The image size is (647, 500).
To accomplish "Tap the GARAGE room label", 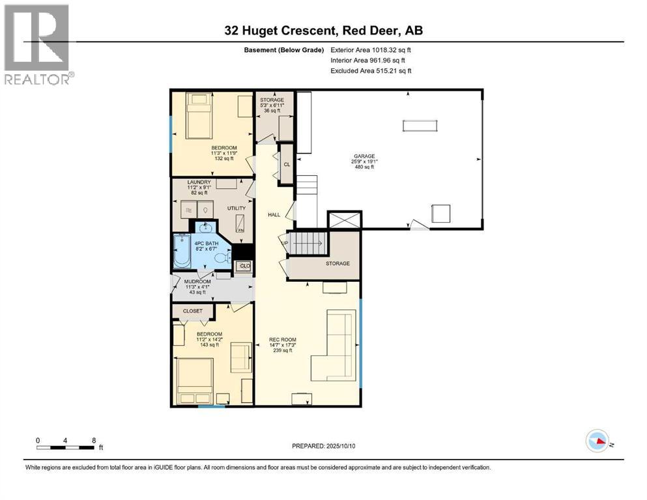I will (364, 156).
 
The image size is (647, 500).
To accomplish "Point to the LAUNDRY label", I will (199, 182).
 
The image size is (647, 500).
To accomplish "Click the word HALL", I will (274, 214).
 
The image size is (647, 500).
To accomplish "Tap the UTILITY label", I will (237, 208).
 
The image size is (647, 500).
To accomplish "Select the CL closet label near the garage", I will (286, 164).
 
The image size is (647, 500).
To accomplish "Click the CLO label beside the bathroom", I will (245, 266).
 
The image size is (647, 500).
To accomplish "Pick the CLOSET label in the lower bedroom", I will (192, 311).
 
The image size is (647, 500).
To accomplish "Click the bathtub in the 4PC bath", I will (182, 251).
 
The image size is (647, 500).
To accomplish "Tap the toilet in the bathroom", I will (222, 258).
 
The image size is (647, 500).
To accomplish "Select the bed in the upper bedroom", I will (199, 115).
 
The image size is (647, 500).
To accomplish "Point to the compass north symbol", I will (597, 441).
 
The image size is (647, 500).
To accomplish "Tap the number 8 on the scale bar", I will (94, 440).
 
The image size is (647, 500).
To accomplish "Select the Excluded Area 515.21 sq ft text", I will (371, 70).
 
